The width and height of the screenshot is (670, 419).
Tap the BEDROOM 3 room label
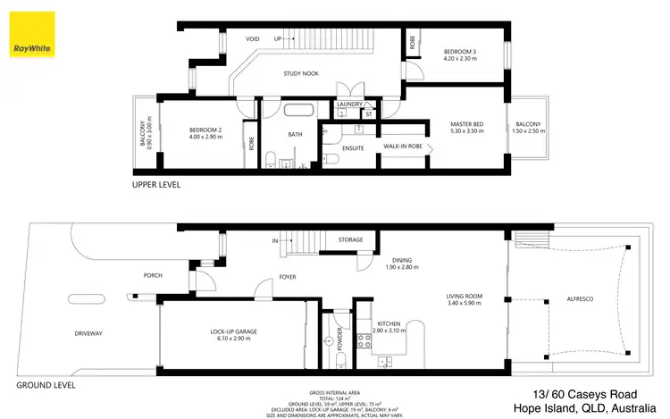pyautogui.click(x=462, y=52)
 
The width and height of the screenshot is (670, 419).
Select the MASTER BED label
pyautogui.click(x=467, y=123)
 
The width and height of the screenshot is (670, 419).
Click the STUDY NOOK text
pyautogui.click(x=302, y=73)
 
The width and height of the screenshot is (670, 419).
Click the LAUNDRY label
pyautogui.click(x=348, y=105)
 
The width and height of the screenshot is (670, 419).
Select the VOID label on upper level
pyautogui.click(x=253, y=39)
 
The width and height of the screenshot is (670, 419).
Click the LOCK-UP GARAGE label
pyautogui.click(x=234, y=331)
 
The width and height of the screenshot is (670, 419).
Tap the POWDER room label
pyautogui.click(x=340, y=339)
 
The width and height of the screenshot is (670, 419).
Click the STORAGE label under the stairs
pyautogui.click(x=350, y=240)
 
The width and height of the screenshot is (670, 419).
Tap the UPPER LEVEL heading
pyautogui.click(x=156, y=185)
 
